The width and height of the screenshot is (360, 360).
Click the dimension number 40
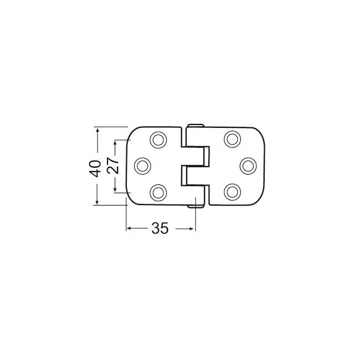(95, 168)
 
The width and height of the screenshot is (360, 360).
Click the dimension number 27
(113, 165)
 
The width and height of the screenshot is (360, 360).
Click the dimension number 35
(160, 228)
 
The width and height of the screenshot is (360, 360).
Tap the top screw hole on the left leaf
(158, 140)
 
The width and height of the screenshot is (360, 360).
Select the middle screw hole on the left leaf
(142, 166)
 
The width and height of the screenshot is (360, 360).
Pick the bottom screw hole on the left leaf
(158, 192)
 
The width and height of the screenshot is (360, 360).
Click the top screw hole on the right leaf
(233, 139)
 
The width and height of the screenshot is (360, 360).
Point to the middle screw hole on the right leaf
(248, 166)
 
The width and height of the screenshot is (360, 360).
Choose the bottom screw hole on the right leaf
(233, 192)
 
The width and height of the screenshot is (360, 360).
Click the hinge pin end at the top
(196, 126)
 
